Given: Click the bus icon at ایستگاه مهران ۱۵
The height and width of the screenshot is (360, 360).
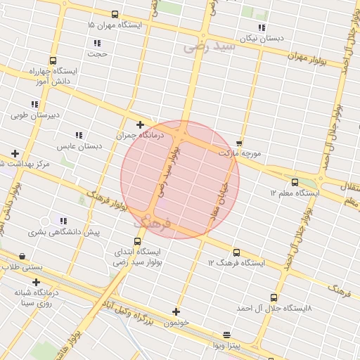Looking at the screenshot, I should pos(115,14).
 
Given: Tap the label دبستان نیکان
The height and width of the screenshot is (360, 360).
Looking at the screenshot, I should pos(261,39).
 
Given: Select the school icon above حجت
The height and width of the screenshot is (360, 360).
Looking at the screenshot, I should pos(96,43).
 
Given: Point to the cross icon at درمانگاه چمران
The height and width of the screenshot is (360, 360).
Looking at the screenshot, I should pos(141,124).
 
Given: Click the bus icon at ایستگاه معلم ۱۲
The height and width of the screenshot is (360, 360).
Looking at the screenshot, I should pos(295,182).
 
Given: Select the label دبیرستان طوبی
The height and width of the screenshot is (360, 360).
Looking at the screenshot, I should pos(39,115).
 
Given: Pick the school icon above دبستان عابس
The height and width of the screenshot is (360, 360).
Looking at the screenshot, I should pos(79,135).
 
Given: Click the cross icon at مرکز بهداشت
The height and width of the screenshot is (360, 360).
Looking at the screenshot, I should pos(15,153).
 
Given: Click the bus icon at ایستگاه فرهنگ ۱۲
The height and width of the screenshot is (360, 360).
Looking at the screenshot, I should pos(236,252).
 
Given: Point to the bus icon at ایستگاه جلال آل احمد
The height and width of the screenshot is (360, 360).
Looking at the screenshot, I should pos(274,297).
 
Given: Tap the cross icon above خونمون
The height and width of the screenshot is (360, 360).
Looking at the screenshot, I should pos(176,311).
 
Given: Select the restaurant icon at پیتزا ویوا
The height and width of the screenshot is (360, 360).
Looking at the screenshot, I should pos(226,335).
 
